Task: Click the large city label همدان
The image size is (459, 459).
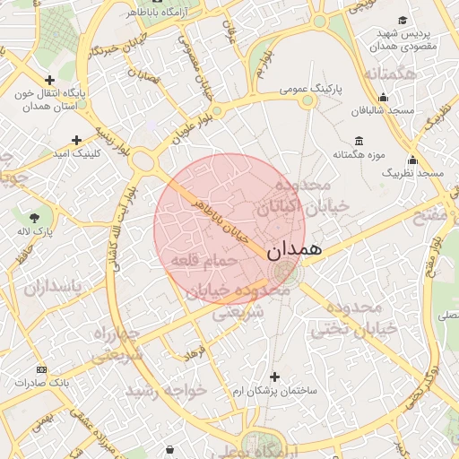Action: pos(293,249)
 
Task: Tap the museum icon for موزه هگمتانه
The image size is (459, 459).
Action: pos(359,141)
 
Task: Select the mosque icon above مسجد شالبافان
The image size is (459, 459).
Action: pos(384,98)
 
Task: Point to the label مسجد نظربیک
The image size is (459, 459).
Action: pos(413,171)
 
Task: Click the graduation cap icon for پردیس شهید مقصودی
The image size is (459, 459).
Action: pos(403,20)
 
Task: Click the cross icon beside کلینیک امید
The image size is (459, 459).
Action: pos(76,140)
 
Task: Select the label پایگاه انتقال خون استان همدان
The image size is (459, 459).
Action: pos(50,100)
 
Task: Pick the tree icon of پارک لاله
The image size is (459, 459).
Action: pos(35,217)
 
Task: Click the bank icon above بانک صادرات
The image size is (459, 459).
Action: pos(41,369)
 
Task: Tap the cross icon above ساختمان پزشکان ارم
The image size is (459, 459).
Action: pos(274,377)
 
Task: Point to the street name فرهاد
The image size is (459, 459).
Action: pos(195,356)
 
